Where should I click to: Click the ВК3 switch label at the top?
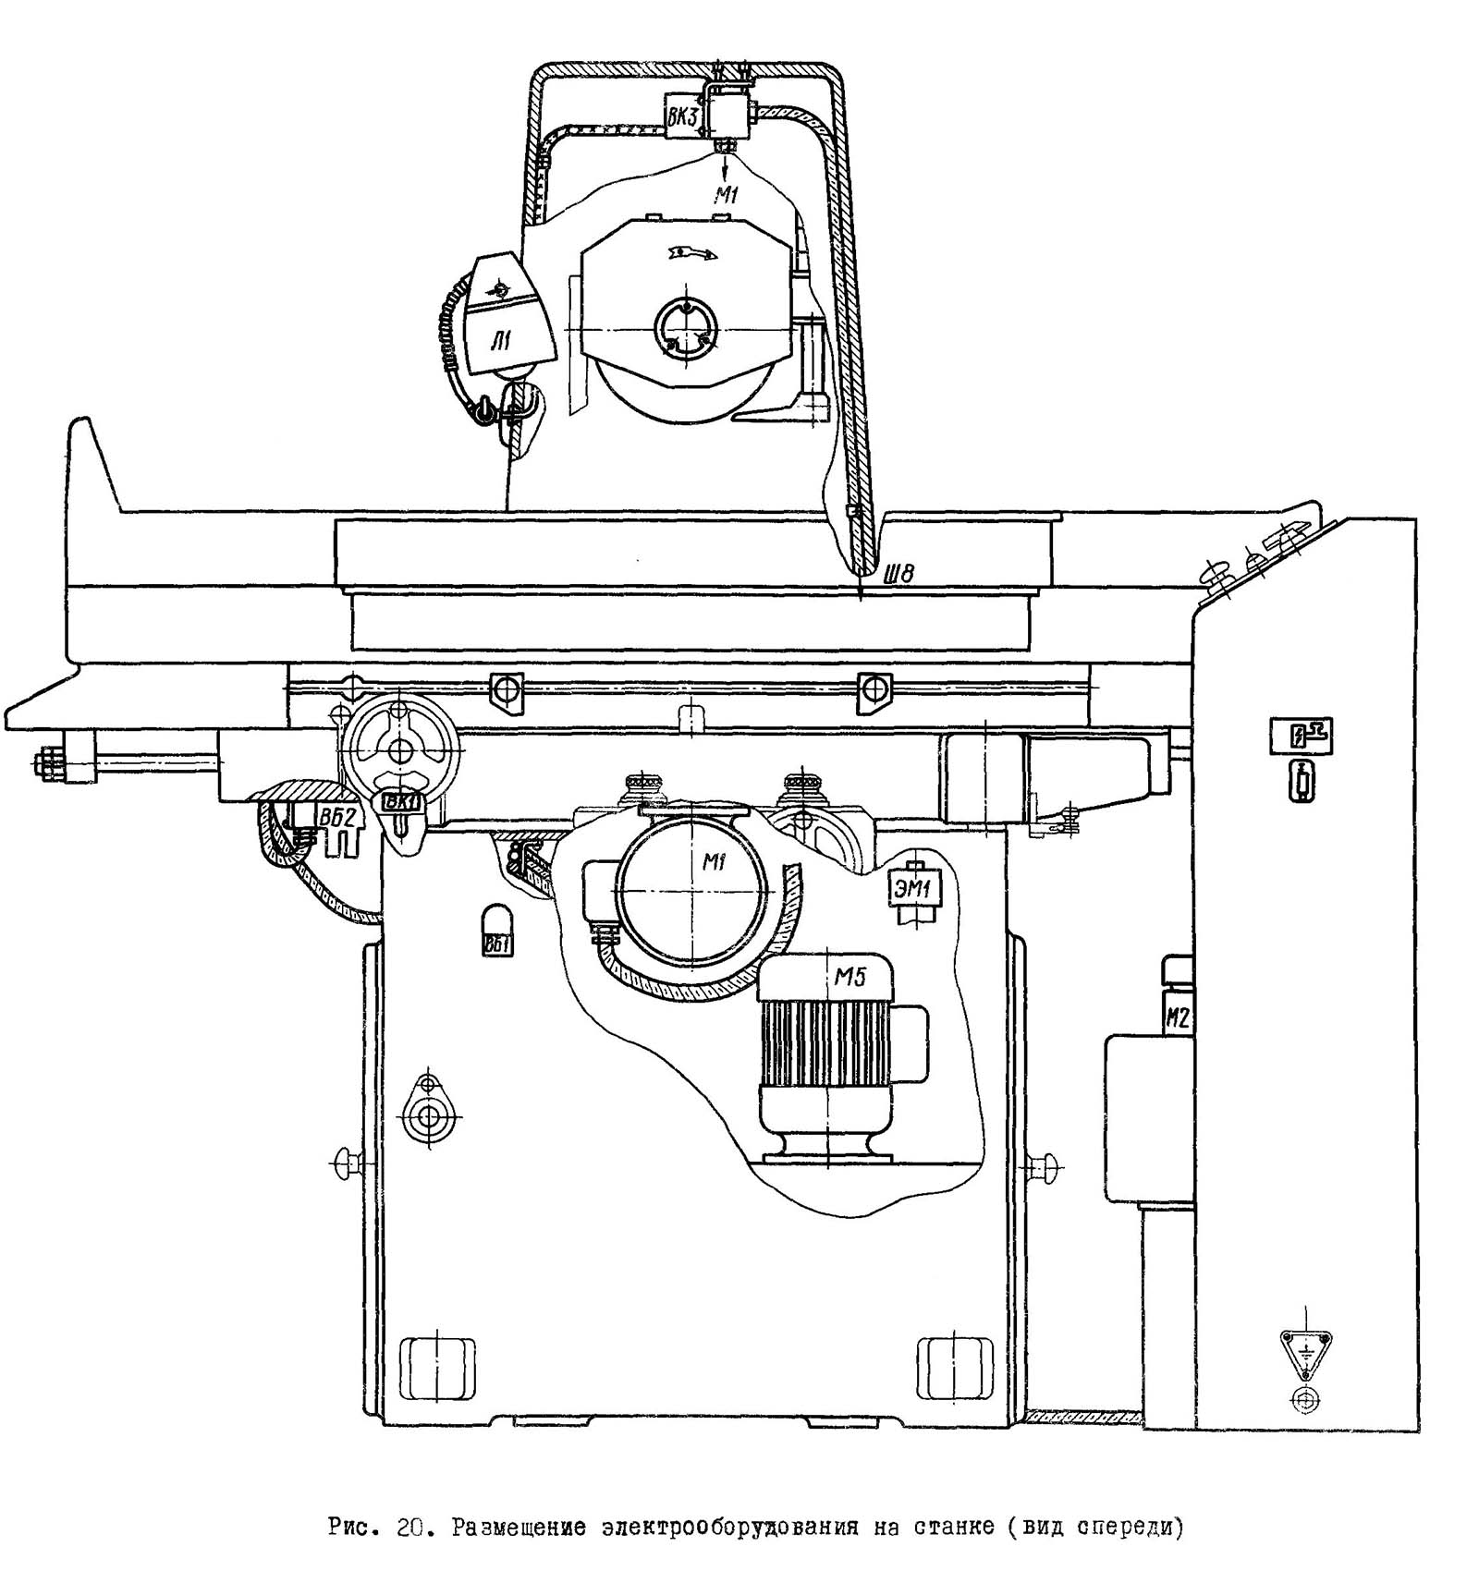click(x=685, y=117)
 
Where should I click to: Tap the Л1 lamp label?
click(x=500, y=345)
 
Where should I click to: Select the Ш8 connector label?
click(x=899, y=575)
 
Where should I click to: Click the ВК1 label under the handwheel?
click(x=403, y=801)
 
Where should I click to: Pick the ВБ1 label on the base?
click(x=497, y=945)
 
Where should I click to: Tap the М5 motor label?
click(x=850, y=977)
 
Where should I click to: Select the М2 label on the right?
click(x=1177, y=1018)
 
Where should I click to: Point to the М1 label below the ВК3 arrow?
click(x=727, y=194)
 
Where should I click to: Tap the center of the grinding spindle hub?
click(x=685, y=328)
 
